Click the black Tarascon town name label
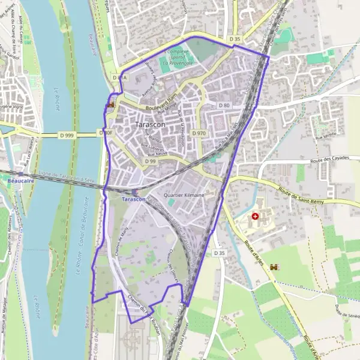coord(151,124)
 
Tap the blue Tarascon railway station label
coord(133,199)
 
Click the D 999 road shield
coord(66,136)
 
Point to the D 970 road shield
coord(199,133)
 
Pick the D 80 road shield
coord(224,106)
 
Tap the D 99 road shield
coord(150,161)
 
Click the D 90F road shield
coord(106,133)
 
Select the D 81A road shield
coord(119,78)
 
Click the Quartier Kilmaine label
coord(184,196)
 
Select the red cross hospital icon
coord(256,215)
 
